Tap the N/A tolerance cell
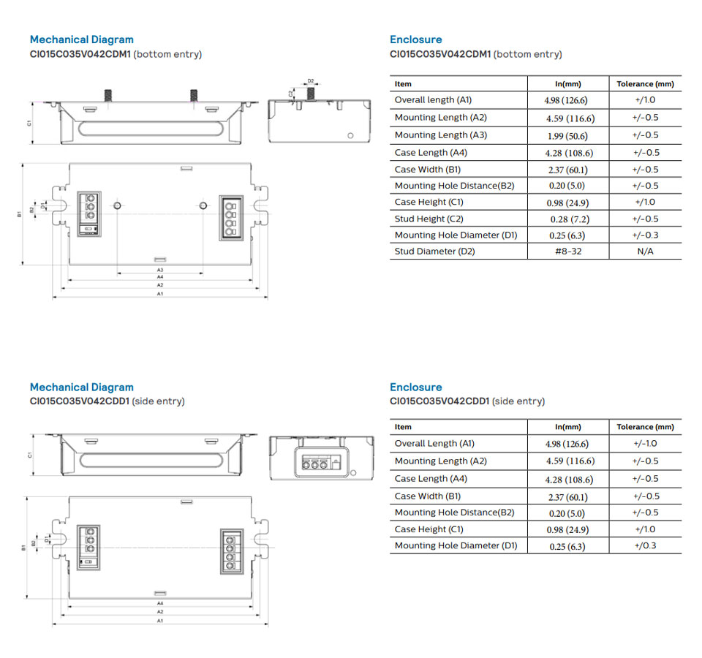coord(645,252)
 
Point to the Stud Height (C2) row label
coord(429,219)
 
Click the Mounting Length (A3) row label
coord(440,135)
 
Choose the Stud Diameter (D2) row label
coord(434,252)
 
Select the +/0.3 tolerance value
coord(645,546)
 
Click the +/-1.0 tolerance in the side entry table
coord(645,444)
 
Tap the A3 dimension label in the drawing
coord(159,270)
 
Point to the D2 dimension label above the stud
coord(311,81)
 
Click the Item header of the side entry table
coord(403,427)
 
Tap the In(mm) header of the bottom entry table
coord(567,84)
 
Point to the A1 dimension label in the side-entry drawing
coord(159,620)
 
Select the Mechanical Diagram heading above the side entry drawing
coord(81,387)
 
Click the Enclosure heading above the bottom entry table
coord(415,39)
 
